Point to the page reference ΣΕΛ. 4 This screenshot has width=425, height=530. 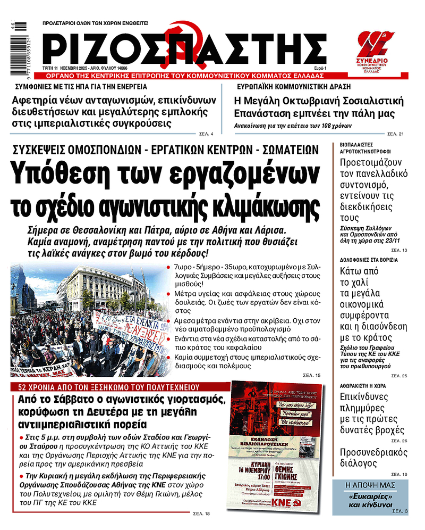point(206,133)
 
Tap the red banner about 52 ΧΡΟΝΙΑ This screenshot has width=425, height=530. point(109,387)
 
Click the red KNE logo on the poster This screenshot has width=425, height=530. point(280,503)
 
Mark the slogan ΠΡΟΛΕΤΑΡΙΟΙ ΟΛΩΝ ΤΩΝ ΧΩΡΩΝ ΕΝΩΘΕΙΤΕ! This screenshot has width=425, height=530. point(96,23)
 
